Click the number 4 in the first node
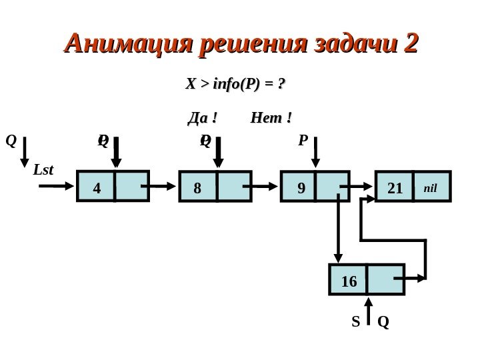pos(97,188)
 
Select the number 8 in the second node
pos(197,188)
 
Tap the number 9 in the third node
pos(301,188)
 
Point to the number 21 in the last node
pos(395,188)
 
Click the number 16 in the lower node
pos(349,281)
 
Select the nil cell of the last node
pos(431,187)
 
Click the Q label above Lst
pos(10,141)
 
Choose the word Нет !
pos(271,119)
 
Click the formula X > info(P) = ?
pos(235,84)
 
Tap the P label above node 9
pos(303,141)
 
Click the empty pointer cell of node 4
pos(131,187)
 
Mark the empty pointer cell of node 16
pos(385,279)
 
